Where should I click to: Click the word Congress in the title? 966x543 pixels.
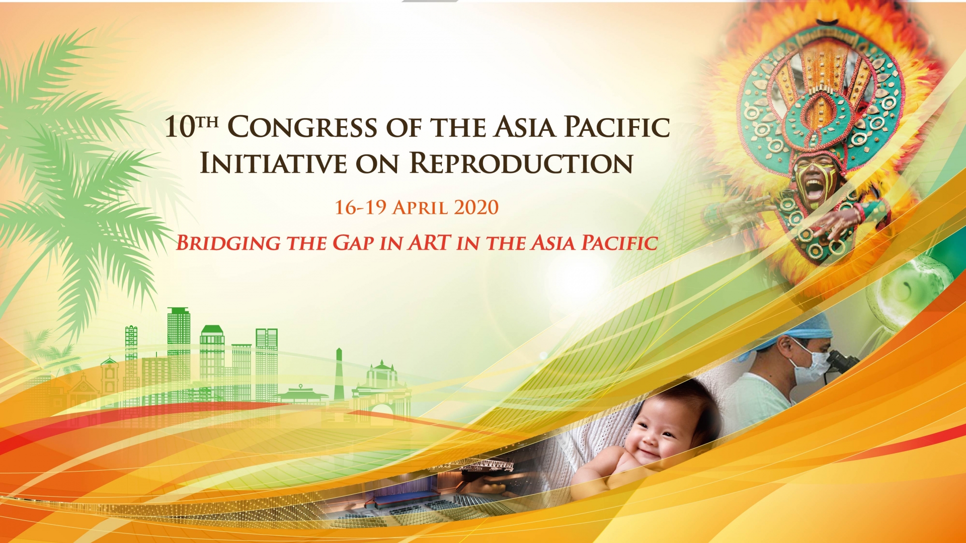(x=302, y=127)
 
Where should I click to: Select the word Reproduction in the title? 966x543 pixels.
(x=521, y=163)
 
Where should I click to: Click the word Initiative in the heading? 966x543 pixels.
(x=273, y=163)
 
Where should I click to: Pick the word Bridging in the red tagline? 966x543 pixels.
(x=228, y=243)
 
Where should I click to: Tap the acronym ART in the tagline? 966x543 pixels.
(x=429, y=242)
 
